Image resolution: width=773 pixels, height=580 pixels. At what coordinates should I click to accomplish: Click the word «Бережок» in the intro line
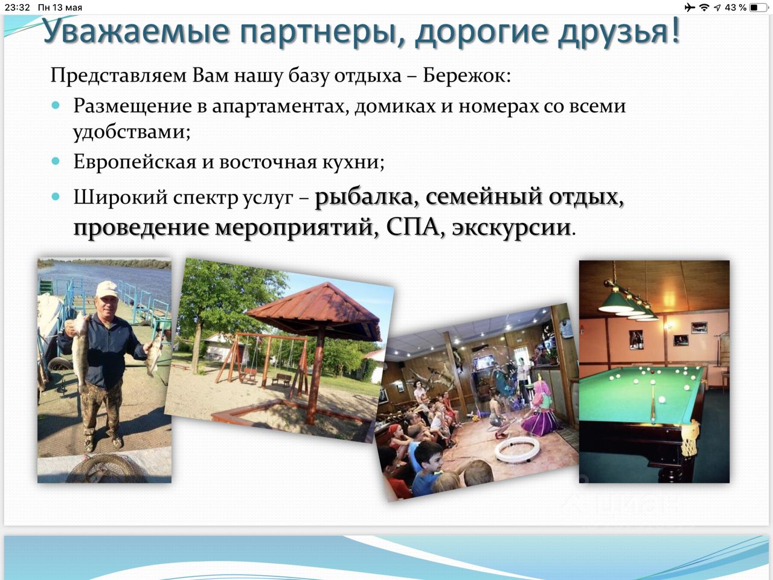466,76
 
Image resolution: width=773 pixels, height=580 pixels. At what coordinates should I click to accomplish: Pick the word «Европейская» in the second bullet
135,163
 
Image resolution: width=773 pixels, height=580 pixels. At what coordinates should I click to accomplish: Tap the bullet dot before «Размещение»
56,105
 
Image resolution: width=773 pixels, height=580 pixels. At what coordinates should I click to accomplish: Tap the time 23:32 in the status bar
18,7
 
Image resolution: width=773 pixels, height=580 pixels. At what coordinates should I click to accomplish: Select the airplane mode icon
689,7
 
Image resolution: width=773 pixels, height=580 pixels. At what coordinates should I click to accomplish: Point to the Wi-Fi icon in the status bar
704,7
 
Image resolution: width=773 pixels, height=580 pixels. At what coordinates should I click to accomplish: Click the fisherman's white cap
107,289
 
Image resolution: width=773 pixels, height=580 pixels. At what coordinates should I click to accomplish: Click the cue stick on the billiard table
653,401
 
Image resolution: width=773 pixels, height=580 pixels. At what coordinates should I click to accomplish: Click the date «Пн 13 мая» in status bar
60,7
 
